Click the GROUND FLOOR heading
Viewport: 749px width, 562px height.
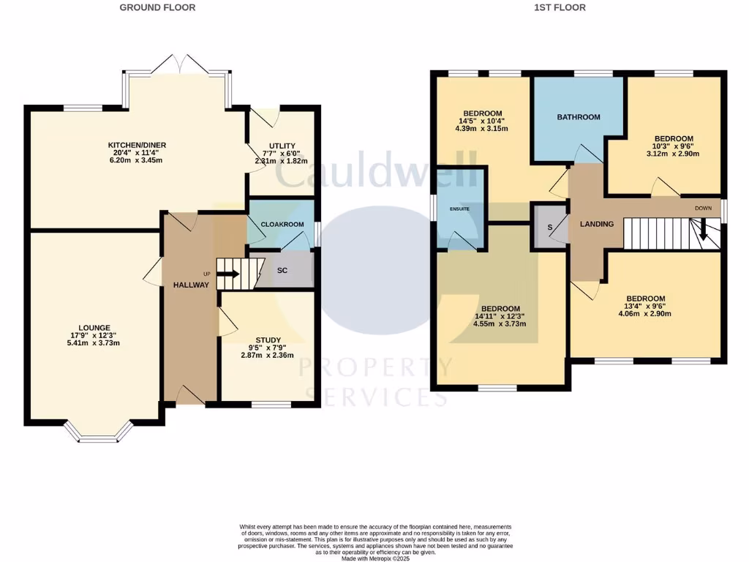(x=158, y=7)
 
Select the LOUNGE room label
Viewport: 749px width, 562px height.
(x=95, y=328)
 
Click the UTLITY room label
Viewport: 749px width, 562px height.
(x=282, y=146)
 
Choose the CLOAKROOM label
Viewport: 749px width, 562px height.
(x=281, y=216)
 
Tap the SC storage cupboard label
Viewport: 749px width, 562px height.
(x=282, y=270)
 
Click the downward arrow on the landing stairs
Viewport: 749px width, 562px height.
(x=703, y=233)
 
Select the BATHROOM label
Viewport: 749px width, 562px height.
(x=578, y=117)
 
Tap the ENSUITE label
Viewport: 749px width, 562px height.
(x=460, y=209)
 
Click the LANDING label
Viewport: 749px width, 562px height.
(x=597, y=224)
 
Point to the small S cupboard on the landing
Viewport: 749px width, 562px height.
(x=549, y=227)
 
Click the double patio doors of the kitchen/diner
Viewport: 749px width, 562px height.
(x=177, y=63)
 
